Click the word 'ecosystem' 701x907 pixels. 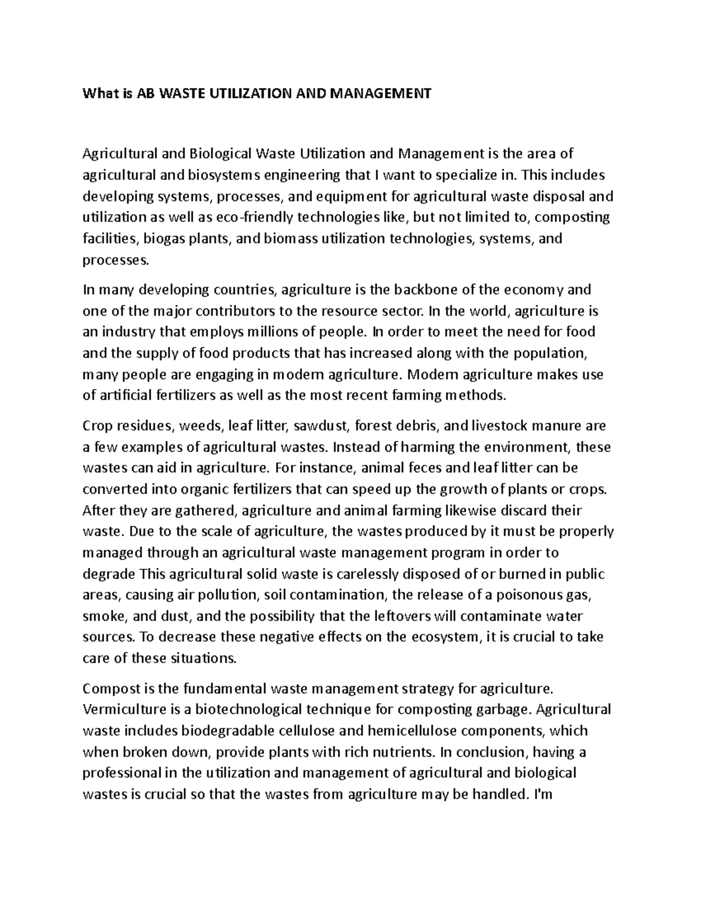click(x=432, y=637)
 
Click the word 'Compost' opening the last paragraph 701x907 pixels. click(x=109, y=689)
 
